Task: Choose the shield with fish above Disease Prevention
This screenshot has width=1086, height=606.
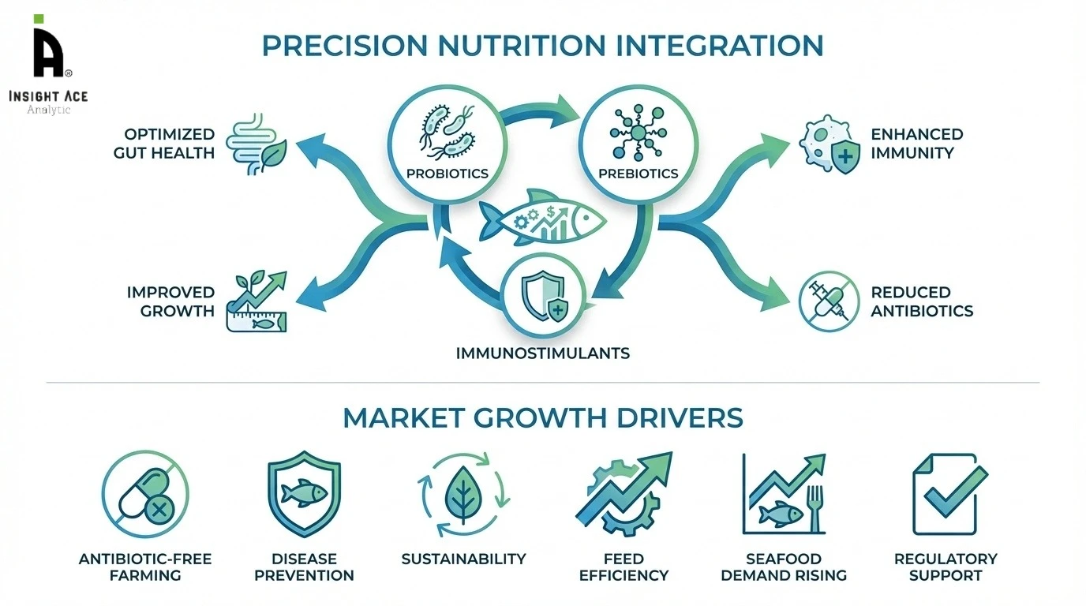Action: (x=304, y=494)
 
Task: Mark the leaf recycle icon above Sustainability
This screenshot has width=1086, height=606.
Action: (x=462, y=494)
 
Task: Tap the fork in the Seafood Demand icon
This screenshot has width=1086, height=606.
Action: (x=814, y=505)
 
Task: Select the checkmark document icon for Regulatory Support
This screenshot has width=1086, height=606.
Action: (x=947, y=494)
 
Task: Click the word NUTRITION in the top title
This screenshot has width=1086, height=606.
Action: (x=513, y=45)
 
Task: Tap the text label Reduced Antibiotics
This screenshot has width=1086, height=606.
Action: (x=922, y=301)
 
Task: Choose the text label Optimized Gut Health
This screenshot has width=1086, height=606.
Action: (x=163, y=144)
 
